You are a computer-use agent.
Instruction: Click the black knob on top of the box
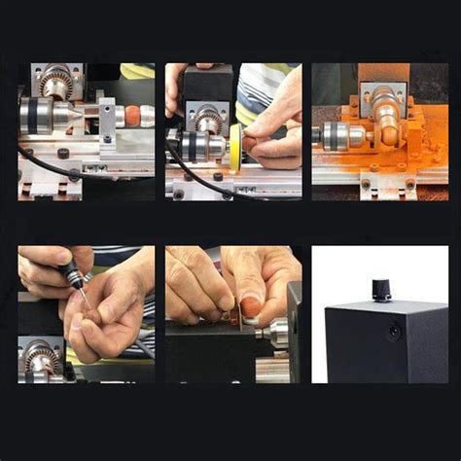(x=380, y=289)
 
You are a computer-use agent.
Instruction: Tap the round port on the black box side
(x=394, y=332)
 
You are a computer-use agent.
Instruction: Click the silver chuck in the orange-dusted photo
(x=339, y=135)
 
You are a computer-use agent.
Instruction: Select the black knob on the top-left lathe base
(x=62, y=154)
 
